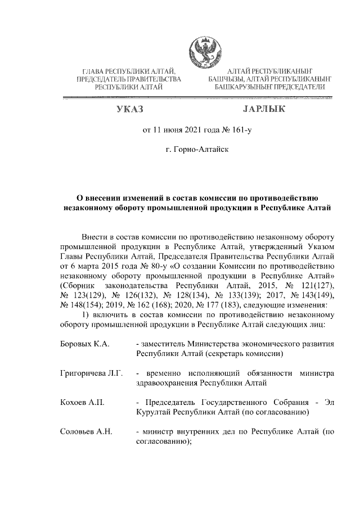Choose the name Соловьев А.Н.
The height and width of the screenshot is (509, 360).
coord(86,432)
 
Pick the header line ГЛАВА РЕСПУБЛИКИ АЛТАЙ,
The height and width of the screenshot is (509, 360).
coord(129,71)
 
